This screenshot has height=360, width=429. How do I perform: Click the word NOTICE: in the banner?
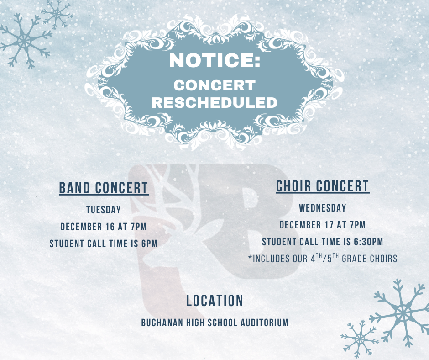214,61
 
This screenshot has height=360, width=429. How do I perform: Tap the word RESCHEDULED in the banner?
214,102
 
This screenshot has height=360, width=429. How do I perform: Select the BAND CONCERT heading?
104,188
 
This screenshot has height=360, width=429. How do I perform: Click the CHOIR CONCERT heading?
323,186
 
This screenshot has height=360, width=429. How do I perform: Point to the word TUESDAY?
104,210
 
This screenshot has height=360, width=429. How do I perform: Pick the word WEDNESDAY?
323,208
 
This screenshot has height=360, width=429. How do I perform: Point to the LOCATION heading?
214,301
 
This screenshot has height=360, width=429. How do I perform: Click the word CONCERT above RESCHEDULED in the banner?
214,85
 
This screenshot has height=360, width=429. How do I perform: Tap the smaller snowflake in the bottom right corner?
360,339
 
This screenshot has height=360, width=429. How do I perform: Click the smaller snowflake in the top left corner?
57,14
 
